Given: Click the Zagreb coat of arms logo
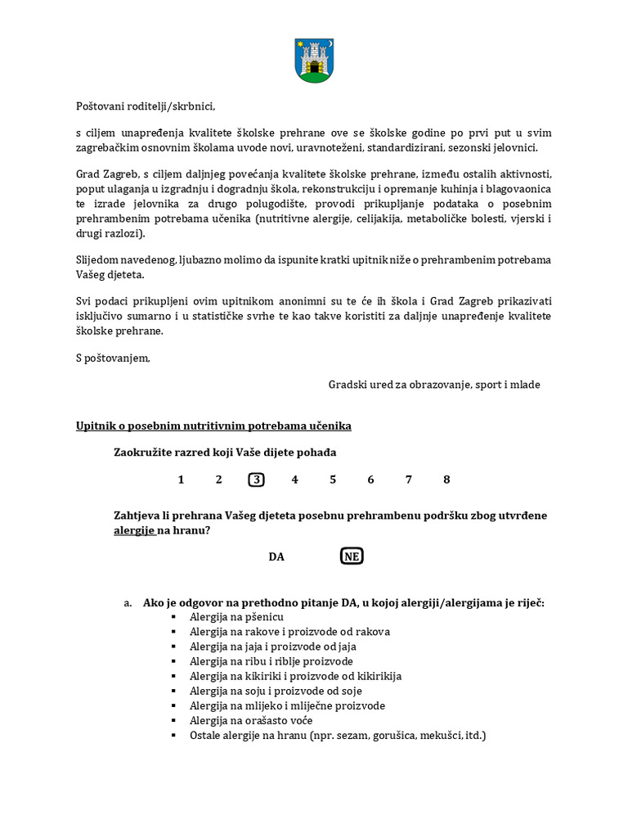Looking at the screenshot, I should pos(314,61).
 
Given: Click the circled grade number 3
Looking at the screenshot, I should pos(257,480).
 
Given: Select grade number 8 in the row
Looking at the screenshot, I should pos(446,480).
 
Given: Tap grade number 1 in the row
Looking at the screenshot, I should pos(181,480).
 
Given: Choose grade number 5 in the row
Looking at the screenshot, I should pos(333,480).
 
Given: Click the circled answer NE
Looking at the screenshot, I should pos(352,556).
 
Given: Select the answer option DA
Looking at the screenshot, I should pos(276,556).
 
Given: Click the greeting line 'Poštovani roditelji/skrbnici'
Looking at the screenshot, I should pos(146,106).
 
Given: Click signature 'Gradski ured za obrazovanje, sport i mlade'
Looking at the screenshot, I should pos(434,384).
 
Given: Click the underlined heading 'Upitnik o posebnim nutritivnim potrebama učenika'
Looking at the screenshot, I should pos(213,426).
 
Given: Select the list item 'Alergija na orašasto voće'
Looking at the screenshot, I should pos(252,720).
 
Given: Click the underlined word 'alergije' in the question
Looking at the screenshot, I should pos(134,530).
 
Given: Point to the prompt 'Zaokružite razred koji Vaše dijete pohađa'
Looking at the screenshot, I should pos(225,453).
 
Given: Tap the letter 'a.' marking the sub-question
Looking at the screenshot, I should pos(128,603).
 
